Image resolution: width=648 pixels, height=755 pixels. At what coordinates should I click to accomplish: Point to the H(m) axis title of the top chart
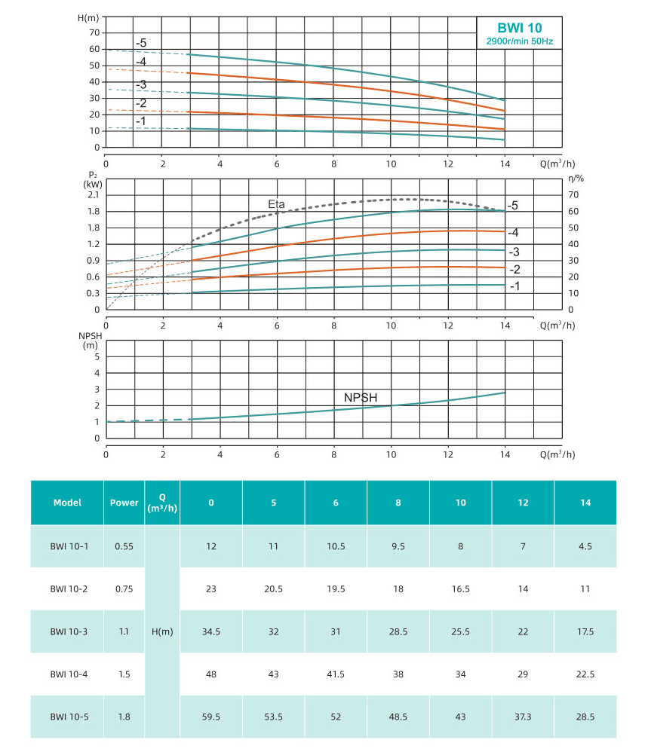click(x=88, y=17)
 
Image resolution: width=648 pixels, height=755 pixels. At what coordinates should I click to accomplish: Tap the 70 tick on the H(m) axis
click(x=94, y=32)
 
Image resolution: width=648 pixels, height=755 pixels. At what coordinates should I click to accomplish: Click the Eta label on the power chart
click(x=278, y=203)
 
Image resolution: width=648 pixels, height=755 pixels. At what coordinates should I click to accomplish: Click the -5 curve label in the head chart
click(x=141, y=43)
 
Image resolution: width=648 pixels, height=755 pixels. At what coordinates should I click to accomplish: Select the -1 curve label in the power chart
click(x=514, y=286)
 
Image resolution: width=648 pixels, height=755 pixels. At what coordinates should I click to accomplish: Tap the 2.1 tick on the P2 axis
click(x=93, y=194)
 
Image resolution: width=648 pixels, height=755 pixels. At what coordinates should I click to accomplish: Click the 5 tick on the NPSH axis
click(x=97, y=356)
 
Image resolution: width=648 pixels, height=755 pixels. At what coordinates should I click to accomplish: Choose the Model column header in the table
click(x=67, y=503)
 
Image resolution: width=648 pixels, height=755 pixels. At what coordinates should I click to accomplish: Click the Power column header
click(x=124, y=503)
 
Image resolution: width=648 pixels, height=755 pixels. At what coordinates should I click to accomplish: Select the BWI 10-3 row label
click(x=67, y=631)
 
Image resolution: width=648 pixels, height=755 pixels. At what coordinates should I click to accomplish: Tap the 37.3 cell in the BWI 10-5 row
click(x=523, y=717)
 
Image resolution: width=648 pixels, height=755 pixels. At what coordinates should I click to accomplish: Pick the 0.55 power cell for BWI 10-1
click(x=124, y=546)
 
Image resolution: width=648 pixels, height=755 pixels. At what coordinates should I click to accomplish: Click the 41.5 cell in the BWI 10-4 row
click(x=336, y=674)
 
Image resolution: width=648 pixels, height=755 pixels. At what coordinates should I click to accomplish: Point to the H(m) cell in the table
click(x=162, y=631)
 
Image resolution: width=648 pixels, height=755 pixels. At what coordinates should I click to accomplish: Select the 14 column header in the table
click(x=585, y=503)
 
